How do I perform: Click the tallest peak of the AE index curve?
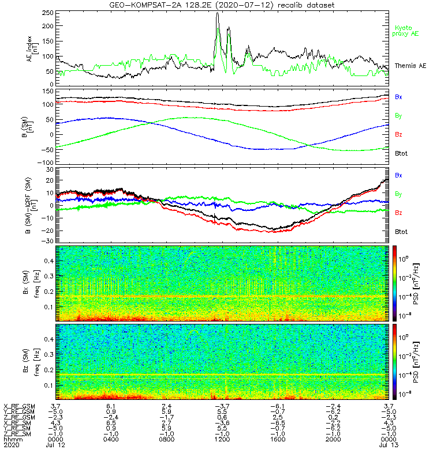(x=218, y=13)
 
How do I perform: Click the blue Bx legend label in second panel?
(x=398, y=97)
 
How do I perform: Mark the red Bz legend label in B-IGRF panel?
(x=398, y=213)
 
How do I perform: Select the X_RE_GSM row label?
(x=19, y=406)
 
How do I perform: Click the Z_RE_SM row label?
(x=18, y=433)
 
